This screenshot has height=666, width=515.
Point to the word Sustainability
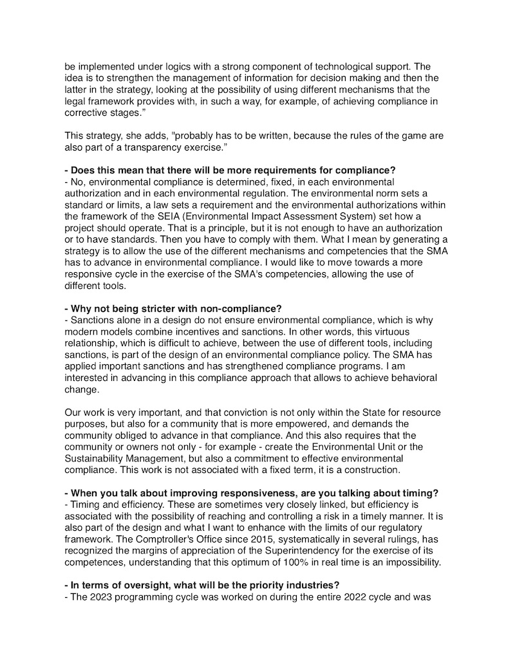98,459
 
